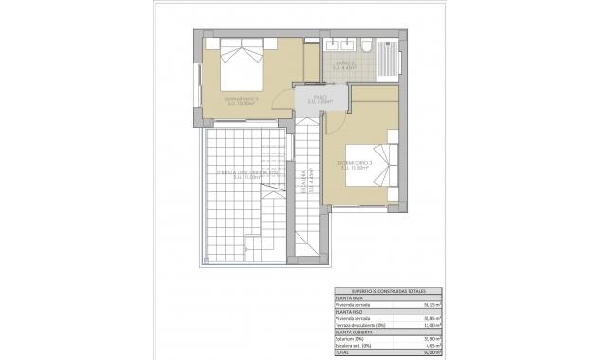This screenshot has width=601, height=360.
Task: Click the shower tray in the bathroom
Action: (x=387, y=57)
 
